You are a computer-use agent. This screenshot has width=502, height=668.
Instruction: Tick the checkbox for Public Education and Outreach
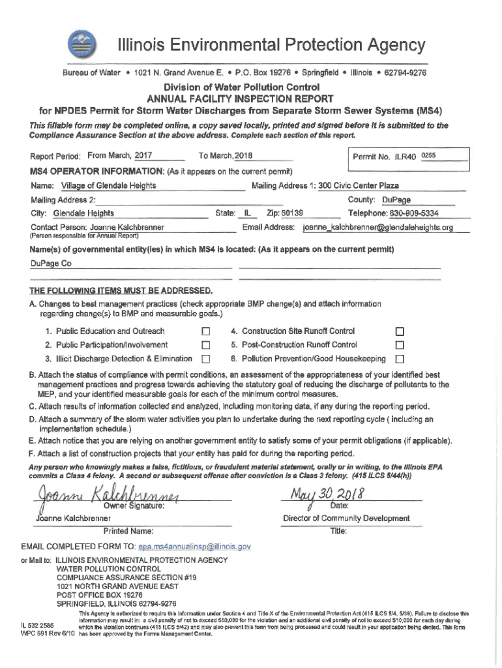pyautogui.click(x=205, y=331)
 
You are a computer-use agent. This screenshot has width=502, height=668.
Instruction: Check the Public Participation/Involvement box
pyautogui.click(x=205, y=345)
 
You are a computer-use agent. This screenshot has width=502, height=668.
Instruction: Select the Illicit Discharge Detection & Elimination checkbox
pyautogui.click(x=205, y=359)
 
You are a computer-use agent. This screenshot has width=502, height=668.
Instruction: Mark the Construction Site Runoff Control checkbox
pyautogui.click(x=400, y=331)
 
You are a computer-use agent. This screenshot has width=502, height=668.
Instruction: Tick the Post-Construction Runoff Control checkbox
pyautogui.click(x=400, y=345)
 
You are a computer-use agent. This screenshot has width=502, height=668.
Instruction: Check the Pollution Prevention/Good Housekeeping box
pyautogui.click(x=400, y=359)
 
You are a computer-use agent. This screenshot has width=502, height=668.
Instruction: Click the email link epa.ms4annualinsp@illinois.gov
pyautogui.click(x=190, y=546)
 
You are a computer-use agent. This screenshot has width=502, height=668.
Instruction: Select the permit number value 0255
pyautogui.click(x=428, y=156)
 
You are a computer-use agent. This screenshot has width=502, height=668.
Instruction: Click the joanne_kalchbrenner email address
pyautogui.click(x=377, y=228)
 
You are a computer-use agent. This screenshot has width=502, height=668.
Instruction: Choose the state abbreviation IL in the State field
pyautogui.click(x=247, y=213)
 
